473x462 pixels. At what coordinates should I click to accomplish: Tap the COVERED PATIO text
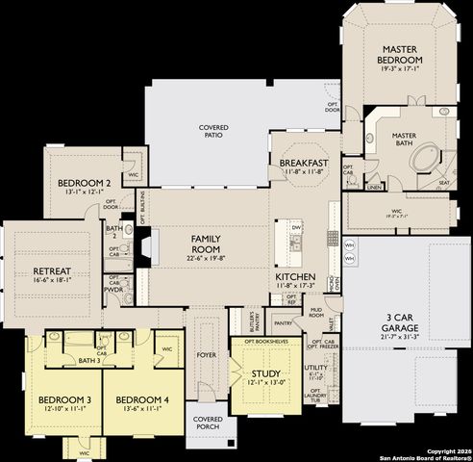tap(213, 133)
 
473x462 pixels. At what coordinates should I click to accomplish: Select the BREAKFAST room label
tap(305, 164)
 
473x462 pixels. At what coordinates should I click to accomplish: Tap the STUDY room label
tap(265, 373)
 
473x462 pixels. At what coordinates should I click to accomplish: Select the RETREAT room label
tap(52, 270)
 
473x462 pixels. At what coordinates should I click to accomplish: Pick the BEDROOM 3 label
tap(63, 399)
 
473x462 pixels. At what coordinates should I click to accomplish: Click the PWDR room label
tap(113, 288)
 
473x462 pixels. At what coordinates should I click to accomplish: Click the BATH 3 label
tap(88, 360)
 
